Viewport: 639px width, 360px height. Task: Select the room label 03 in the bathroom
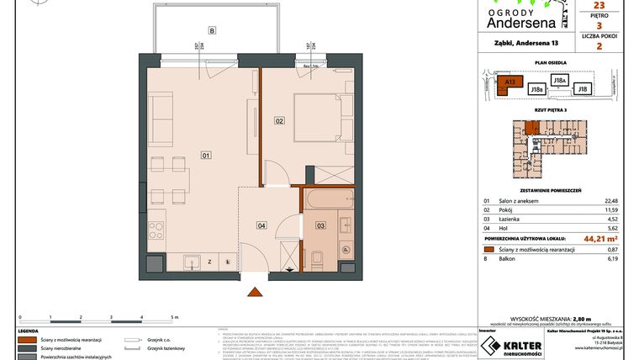(x=319, y=225)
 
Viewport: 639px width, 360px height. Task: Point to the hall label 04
(x=261, y=225)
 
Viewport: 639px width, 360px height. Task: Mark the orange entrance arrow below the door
(x=253, y=291)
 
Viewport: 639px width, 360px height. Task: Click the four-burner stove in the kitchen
(x=157, y=228)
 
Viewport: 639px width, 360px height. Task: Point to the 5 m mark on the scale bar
(x=173, y=318)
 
